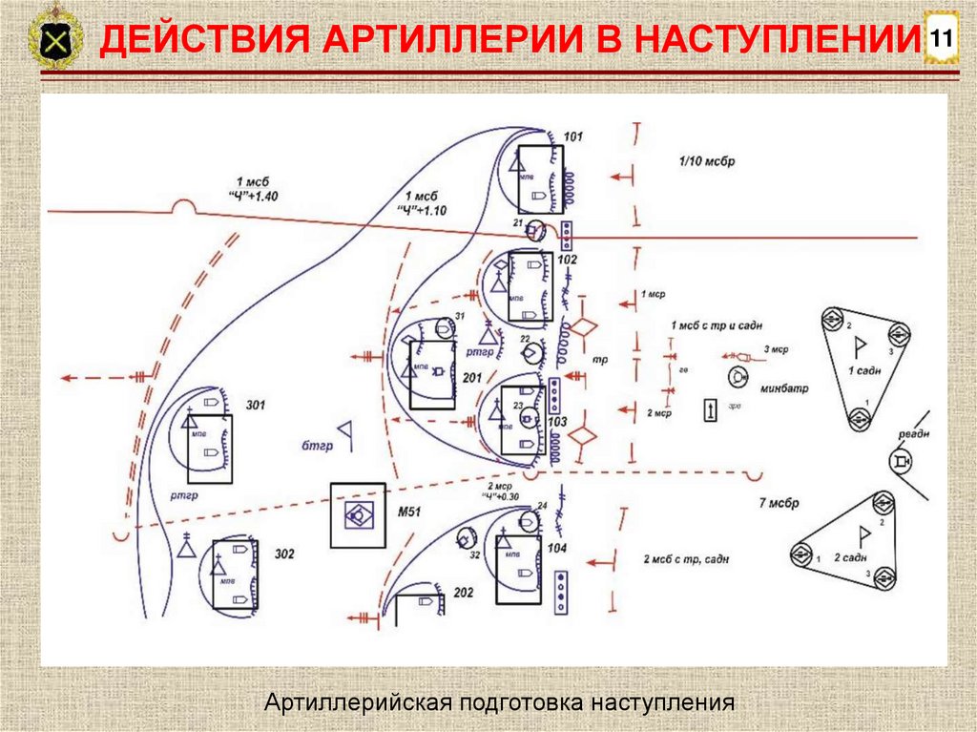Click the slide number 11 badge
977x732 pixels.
point(942,39)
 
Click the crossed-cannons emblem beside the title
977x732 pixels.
point(55,41)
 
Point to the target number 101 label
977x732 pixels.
point(573,137)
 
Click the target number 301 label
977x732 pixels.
point(256,406)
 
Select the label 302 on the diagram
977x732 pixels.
point(284,554)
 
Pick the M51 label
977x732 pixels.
point(408,513)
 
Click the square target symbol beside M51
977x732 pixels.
point(357,515)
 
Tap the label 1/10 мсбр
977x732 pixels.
point(707,161)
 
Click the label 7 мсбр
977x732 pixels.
point(779,503)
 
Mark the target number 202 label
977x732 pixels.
point(464,593)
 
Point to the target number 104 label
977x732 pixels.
point(558,548)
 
